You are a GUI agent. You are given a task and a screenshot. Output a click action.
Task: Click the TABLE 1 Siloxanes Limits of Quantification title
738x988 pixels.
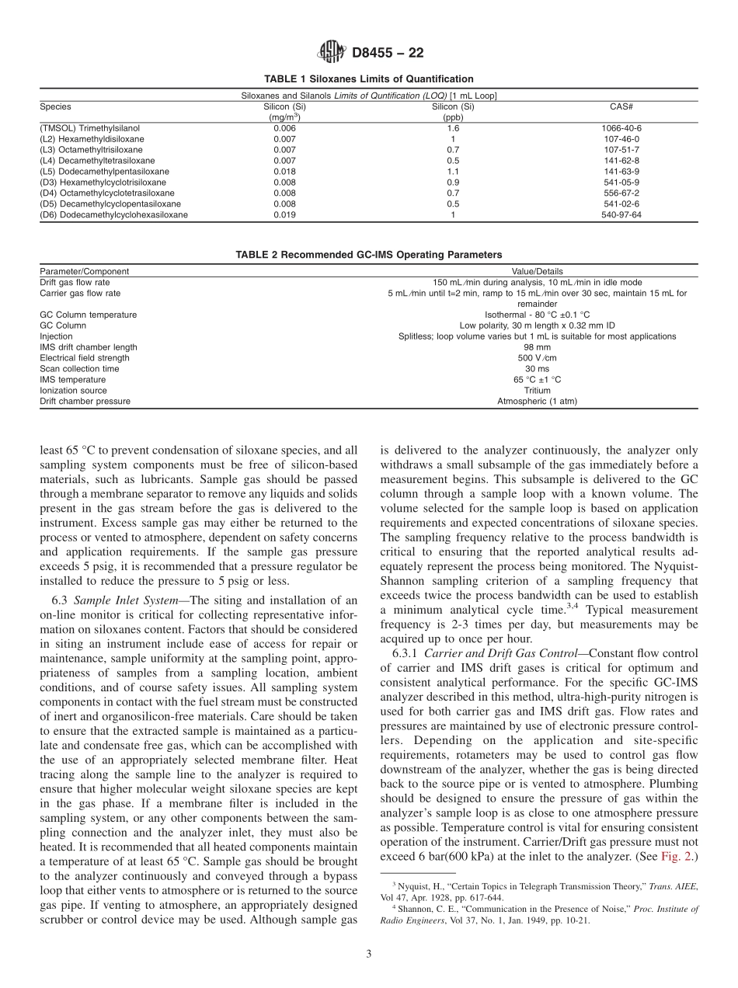click(368, 79)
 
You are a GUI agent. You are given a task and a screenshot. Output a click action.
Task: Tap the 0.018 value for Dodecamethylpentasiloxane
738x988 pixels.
click(284, 172)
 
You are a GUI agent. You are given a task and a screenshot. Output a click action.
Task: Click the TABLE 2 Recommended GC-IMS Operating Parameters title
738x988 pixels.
click(368, 255)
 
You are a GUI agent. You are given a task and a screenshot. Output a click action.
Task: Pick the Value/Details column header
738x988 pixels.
click(537, 272)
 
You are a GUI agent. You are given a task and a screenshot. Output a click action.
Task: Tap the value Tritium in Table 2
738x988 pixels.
click(537, 391)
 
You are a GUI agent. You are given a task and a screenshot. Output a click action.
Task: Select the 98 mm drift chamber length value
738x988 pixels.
click(537, 347)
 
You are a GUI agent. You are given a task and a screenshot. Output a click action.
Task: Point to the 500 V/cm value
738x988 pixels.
click(537, 358)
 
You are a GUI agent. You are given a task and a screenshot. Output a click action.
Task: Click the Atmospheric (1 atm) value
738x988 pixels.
click(537, 402)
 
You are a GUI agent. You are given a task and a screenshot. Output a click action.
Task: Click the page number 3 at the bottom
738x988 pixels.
click(369, 954)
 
